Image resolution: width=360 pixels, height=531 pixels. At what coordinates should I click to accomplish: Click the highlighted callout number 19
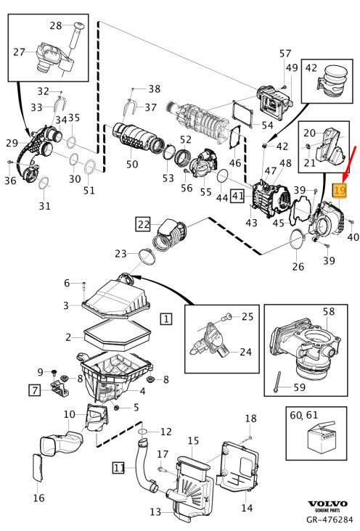(340, 190)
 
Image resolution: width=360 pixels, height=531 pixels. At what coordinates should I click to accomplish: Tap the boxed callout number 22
(143, 224)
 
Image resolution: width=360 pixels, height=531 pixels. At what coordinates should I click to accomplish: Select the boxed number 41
(237, 196)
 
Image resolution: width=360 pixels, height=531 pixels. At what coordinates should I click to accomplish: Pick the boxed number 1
(165, 319)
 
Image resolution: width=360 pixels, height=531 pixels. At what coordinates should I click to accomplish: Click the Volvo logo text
(328, 504)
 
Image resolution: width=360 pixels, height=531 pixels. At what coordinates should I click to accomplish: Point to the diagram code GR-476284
(329, 519)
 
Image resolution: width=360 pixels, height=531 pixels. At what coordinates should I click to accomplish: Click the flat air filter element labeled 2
(118, 336)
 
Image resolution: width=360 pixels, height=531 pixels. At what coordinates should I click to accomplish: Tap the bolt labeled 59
(278, 382)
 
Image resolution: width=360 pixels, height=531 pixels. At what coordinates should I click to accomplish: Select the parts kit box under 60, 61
(322, 436)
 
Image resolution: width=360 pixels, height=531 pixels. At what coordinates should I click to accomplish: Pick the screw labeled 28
(77, 37)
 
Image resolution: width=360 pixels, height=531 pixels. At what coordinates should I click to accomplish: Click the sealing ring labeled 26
(298, 240)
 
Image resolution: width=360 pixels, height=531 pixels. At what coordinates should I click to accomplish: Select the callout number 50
(132, 164)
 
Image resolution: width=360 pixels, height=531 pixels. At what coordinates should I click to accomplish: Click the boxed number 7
(35, 390)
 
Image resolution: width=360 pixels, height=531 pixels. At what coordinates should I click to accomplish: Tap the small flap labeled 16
(38, 467)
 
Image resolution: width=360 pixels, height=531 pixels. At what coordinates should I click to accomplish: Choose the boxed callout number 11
(118, 468)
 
